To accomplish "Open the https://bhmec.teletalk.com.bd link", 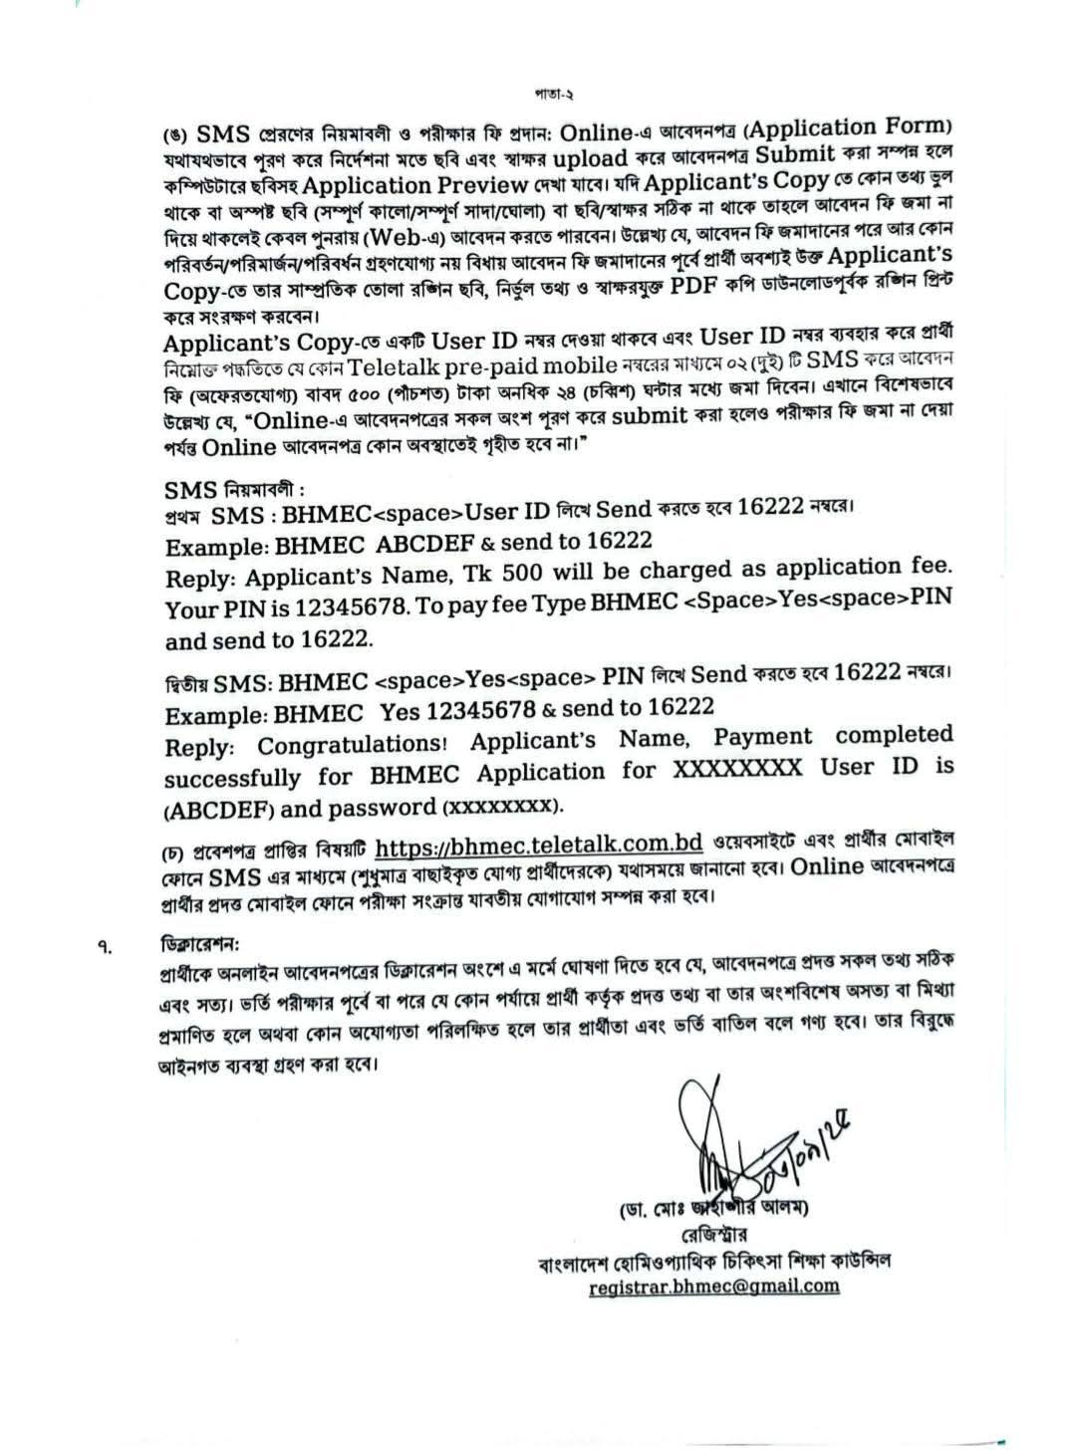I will [540, 846].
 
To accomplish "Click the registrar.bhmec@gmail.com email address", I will [713, 1286].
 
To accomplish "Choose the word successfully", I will [232, 777].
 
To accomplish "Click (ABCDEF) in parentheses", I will [219, 808].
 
